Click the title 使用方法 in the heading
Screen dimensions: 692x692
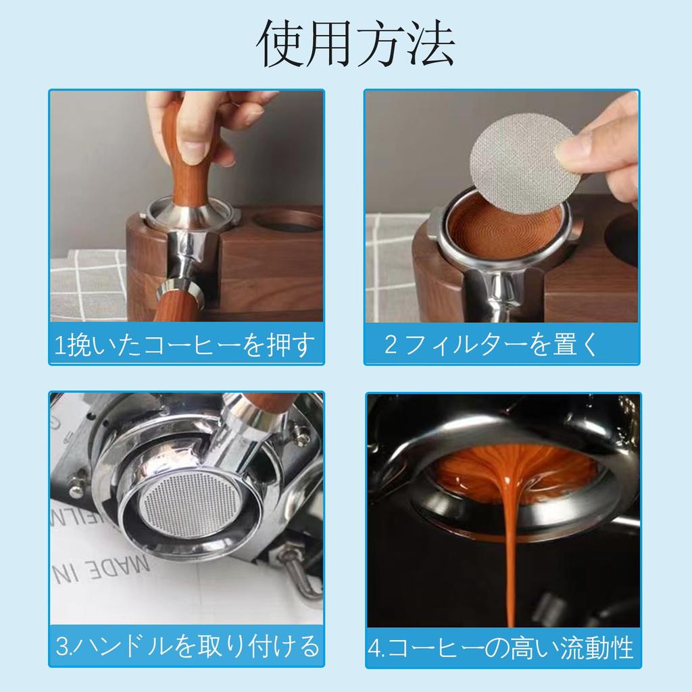[x=356, y=44]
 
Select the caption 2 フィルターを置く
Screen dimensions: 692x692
[x=491, y=345]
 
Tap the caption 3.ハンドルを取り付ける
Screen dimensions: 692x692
[x=187, y=646]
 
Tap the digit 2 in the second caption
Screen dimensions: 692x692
[x=391, y=345]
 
